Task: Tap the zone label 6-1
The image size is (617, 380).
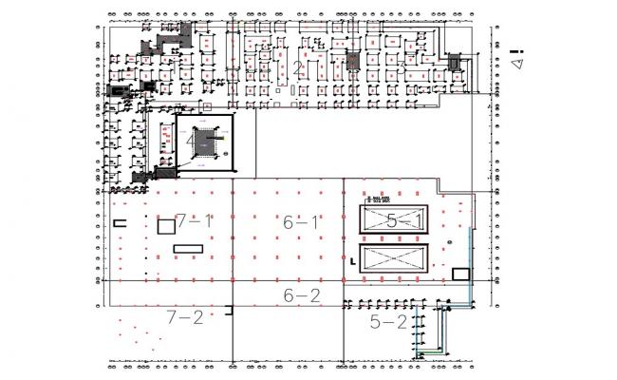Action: pyautogui.click(x=302, y=222)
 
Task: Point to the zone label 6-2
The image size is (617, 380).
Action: pyautogui.click(x=302, y=295)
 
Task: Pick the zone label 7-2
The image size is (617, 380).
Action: pyautogui.click(x=184, y=316)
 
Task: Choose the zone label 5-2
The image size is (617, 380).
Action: pyautogui.click(x=387, y=323)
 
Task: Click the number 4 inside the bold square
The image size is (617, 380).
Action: pyautogui.click(x=192, y=141)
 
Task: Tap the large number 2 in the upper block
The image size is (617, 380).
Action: pyautogui.click(x=297, y=67)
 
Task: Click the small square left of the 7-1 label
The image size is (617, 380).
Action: pyautogui.click(x=165, y=225)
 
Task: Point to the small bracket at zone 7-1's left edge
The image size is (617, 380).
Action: pyautogui.click(x=120, y=222)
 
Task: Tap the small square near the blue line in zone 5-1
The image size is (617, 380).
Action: pyautogui.click(x=461, y=274)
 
